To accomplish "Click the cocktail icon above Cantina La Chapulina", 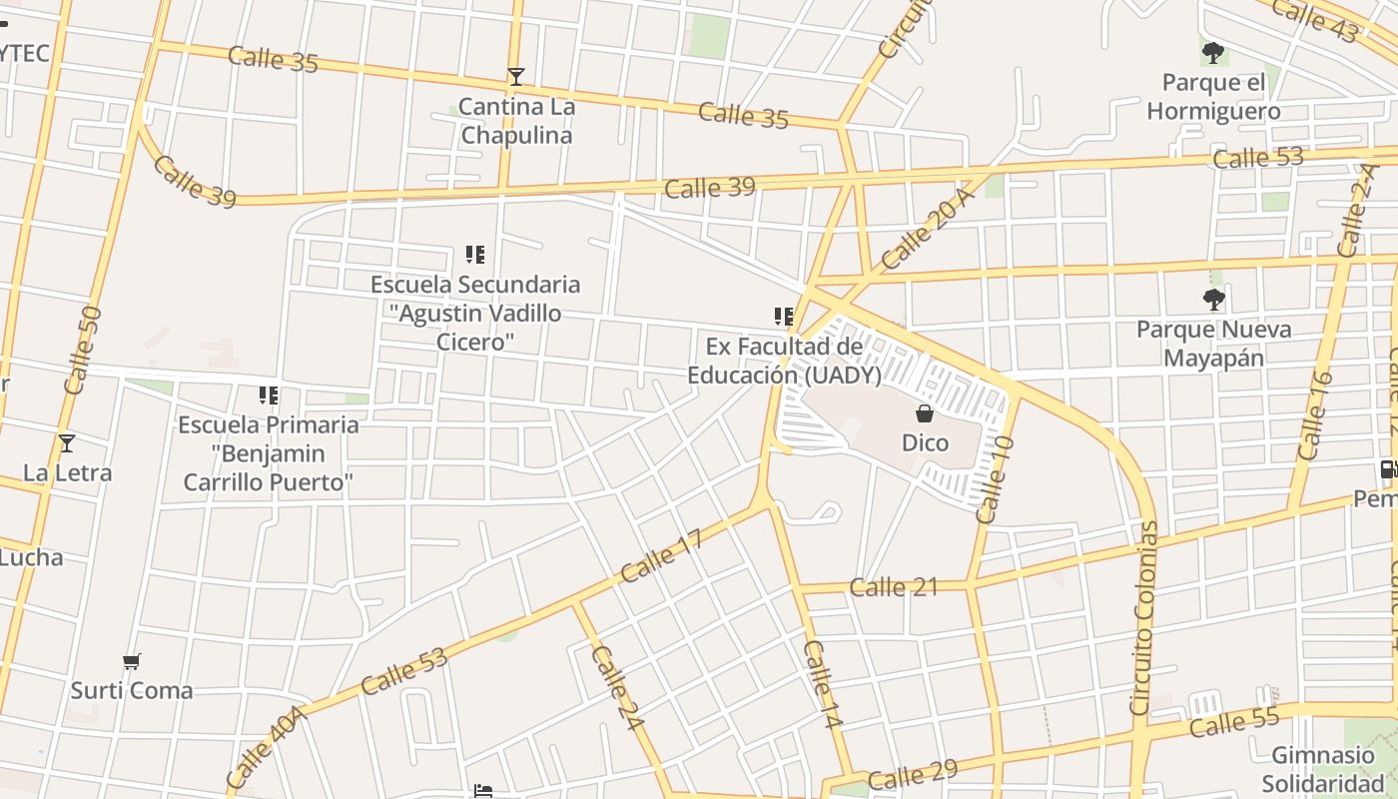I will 515,77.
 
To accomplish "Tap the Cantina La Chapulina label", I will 516,121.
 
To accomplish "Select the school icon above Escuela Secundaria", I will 475,255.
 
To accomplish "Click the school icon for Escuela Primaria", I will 268,396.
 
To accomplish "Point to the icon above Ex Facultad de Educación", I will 784,317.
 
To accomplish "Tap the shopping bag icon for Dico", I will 925,413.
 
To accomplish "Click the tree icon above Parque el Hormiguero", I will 1213,52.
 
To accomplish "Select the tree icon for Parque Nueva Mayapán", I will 1213,299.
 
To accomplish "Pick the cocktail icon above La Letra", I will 67,443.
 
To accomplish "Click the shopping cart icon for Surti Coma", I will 131,661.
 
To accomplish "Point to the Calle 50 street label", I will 82,350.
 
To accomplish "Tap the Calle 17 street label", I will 661,555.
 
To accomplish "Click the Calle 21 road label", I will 894,586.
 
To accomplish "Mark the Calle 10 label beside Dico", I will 996,479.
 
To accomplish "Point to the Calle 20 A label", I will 928,229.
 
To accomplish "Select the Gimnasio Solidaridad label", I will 1323,769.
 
